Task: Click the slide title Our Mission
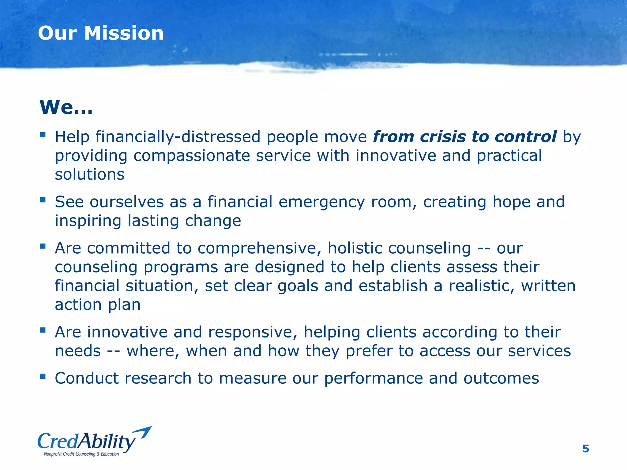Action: point(101,33)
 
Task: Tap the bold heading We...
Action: point(66,107)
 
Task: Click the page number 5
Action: point(585,449)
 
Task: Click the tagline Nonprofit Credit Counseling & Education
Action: point(81,454)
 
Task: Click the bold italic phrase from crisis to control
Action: point(464,136)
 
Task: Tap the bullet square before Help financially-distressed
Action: point(43,134)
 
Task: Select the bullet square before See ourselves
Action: point(43,200)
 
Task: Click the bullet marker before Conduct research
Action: point(43,376)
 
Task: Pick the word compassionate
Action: point(192,156)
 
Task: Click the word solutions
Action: point(89,174)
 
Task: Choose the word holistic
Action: point(355,248)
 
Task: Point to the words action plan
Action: point(98,305)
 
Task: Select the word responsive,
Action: point(253,332)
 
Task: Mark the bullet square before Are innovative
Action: point(43,330)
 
